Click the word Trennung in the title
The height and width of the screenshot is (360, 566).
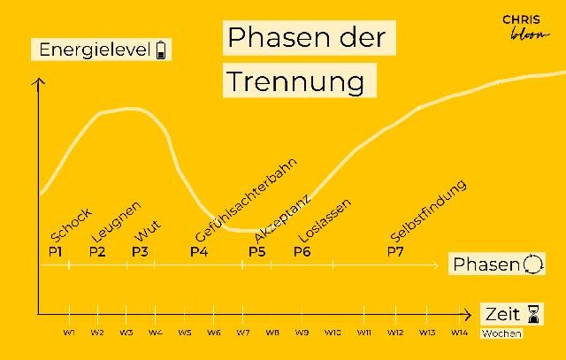tap(295, 80)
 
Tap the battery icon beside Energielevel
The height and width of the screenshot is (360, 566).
tap(161, 50)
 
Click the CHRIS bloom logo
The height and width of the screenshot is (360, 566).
tap(520, 25)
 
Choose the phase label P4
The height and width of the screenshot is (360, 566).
tap(199, 251)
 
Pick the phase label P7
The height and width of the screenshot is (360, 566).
tap(395, 251)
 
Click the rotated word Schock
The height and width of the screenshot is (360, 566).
tap(71, 223)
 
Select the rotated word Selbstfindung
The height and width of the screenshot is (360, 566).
tap(428, 211)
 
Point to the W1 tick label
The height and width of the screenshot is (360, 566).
tap(69, 332)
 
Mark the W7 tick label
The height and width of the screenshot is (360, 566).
tap(242, 332)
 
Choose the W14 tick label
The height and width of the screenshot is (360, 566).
tap(459, 332)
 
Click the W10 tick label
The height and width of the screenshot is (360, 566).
tap(333, 332)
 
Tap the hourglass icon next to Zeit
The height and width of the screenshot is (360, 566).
tap(533, 313)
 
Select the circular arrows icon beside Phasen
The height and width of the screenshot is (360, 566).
tap(534, 264)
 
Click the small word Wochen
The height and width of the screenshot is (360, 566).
tap(501, 333)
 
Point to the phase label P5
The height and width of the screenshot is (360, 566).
tap(256, 251)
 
